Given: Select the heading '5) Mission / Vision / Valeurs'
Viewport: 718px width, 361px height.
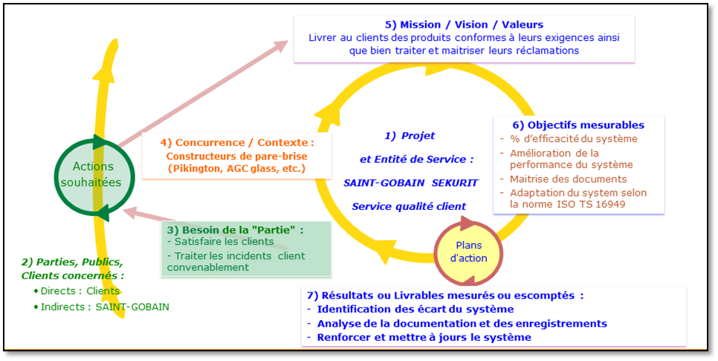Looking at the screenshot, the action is pyautogui.click(x=464, y=25).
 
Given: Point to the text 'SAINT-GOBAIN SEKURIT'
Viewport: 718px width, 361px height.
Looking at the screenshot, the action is pyautogui.click(x=411, y=182).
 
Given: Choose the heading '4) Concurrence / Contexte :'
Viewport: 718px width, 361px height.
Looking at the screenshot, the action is pyautogui.click(x=237, y=143).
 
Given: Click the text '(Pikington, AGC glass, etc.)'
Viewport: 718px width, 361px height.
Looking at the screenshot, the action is pyautogui.click(x=237, y=168).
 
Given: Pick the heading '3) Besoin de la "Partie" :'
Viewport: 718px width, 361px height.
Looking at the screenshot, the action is pyautogui.click(x=236, y=230).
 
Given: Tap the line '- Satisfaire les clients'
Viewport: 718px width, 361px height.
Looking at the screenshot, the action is pyautogui.click(x=221, y=241).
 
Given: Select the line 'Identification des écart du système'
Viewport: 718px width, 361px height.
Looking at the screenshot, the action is pyautogui.click(x=415, y=309).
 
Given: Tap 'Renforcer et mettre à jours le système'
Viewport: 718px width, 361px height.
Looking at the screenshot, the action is pyautogui.click(x=424, y=338).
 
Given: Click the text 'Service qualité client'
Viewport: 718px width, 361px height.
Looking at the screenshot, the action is pyautogui.click(x=409, y=206).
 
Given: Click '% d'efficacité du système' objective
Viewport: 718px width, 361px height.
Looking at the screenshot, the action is pyautogui.click(x=574, y=138).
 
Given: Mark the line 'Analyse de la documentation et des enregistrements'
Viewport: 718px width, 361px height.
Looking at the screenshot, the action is pyautogui.click(x=462, y=323).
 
